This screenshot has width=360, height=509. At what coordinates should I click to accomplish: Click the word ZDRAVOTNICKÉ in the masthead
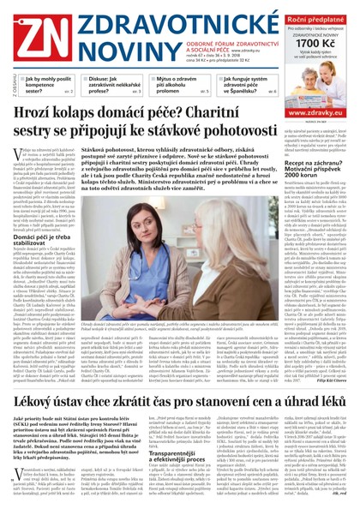(141, 17)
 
